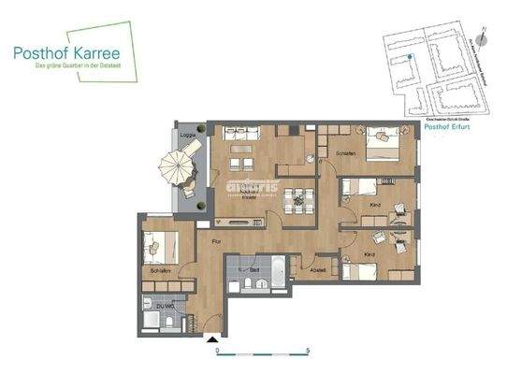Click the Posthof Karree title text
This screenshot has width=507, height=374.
pyautogui.click(x=72, y=53)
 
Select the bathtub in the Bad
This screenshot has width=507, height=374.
pyautogui.click(x=278, y=270)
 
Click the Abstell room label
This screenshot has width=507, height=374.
pyautogui.click(x=318, y=271)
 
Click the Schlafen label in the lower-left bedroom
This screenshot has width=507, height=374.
pyautogui.click(x=159, y=269)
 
